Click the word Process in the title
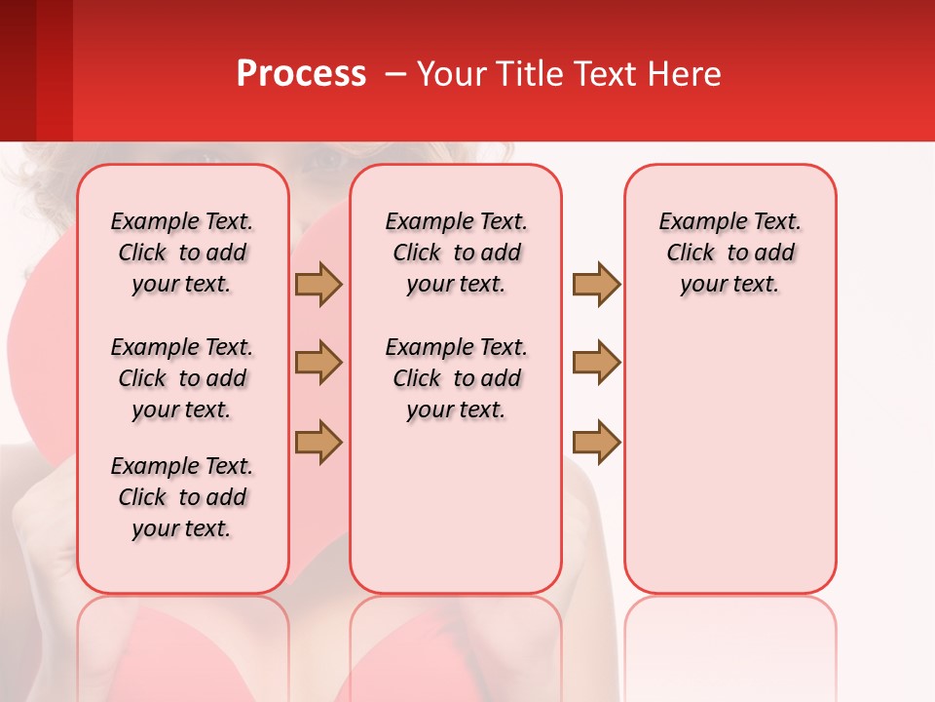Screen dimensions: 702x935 click(301, 74)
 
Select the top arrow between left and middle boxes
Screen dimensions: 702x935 click(318, 284)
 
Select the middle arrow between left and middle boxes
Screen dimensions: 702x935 click(318, 363)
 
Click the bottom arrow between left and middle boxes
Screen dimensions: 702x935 click(318, 442)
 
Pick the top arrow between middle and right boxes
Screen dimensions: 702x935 click(596, 284)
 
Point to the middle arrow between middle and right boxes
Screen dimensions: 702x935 click(596, 363)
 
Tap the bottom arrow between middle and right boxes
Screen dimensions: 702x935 click(596, 442)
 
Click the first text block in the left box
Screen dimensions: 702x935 click(182, 253)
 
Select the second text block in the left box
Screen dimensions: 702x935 click(182, 378)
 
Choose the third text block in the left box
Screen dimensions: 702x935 click(182, 497)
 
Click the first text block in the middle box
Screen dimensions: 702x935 click(456, 253)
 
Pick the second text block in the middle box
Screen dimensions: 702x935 click(456, 378)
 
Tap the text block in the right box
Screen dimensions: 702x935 click(729, 253)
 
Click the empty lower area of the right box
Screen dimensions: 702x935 click(729, 458)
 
